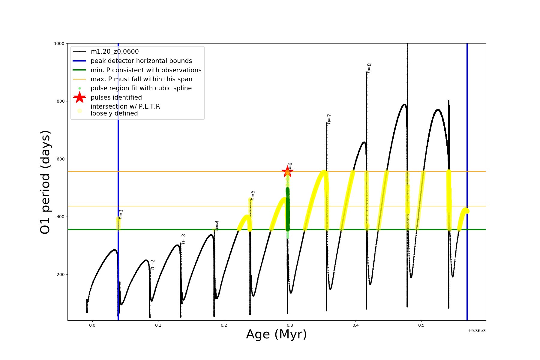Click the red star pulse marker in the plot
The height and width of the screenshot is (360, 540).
(287, 172)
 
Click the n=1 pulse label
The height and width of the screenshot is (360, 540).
(121, 214)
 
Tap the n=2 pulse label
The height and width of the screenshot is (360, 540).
(152, 265)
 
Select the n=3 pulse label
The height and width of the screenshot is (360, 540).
(183, 239)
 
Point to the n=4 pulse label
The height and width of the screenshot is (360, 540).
(217, 226)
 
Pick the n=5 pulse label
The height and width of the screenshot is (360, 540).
(253, 195)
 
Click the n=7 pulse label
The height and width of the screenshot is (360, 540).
(329, 119)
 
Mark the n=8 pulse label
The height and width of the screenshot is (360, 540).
(369, 68)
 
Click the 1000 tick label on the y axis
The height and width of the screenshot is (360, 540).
(59, 43)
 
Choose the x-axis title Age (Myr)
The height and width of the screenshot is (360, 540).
(276, 334)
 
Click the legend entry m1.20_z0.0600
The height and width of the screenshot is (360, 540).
(115, 52)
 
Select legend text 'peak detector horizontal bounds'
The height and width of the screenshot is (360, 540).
(141, 61)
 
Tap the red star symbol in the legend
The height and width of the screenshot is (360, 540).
(79, 97)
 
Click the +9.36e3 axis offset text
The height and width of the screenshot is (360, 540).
(477, 331)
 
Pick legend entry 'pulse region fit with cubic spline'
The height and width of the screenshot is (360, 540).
(141, 88)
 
